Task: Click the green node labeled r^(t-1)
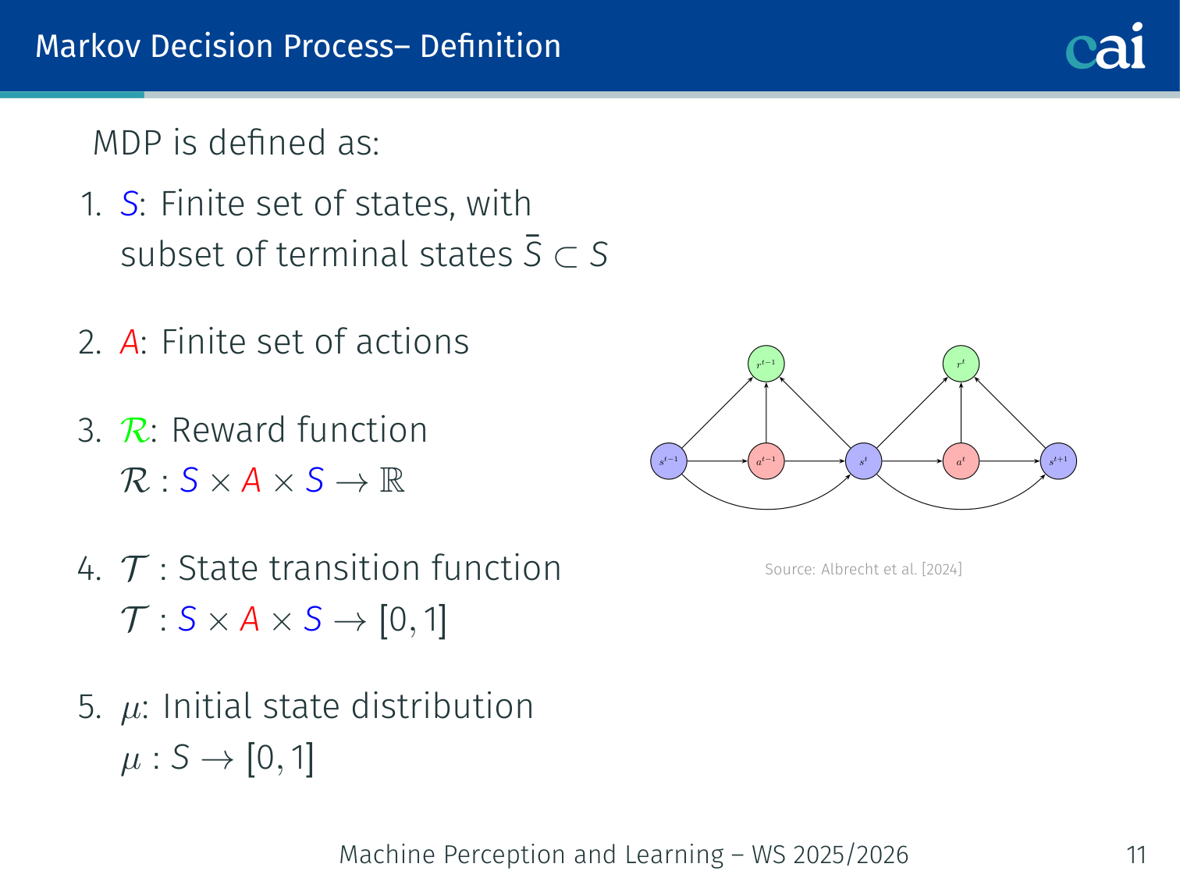(x=766, y=364)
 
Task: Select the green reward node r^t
(x=961, y=364)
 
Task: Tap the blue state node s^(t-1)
(x=669, y=461)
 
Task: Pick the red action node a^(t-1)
(x=766, y=461)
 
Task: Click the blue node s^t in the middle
(x=863, y=461)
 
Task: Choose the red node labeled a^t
(x=961, y=461)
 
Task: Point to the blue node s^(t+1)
(x=1058, y=461)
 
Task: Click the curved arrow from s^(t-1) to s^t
(x=766, y=509)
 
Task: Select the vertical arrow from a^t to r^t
(x=961, y=412)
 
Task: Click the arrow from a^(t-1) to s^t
(x=815, y=461)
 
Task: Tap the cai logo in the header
(x=1106, y=47)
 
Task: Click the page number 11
(x=1136, y=855)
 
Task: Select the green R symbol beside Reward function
(x=135, y=431)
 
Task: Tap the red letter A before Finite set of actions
(x=130, y=343)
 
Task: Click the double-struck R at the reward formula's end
(x=392, y=481)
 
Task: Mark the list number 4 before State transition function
(x=87, y=569)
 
